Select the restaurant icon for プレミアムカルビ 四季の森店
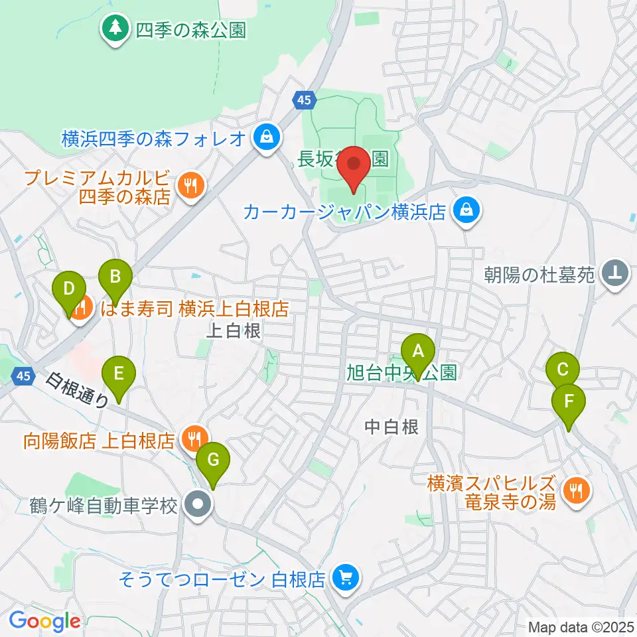(x=191, y=186)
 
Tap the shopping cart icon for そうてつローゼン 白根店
(x=345, y=579)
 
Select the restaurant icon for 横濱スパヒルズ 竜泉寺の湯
(x=575, y=491)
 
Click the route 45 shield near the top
(x=303, y=100)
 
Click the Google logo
(x=44, y=622)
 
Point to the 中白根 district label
(x=392, y=428)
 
